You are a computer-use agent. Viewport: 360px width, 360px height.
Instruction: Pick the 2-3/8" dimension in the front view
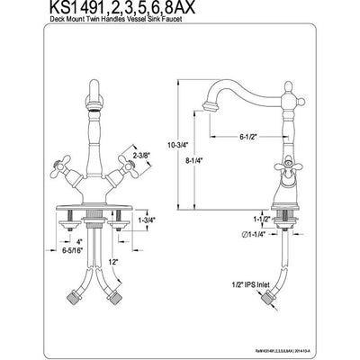[x=142, y=155]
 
